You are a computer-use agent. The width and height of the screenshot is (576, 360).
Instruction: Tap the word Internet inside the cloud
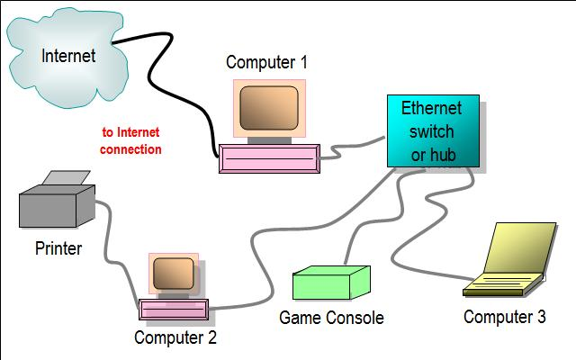(68, 56)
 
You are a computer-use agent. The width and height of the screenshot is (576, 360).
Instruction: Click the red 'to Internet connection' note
(131, 140)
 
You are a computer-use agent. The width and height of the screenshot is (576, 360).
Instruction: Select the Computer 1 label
(266, 62)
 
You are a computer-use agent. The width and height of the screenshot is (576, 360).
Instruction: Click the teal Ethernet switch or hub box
(433, 131)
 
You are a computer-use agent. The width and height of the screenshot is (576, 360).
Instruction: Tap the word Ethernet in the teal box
(432, 109)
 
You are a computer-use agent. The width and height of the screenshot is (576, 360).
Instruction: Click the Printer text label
(58, 247)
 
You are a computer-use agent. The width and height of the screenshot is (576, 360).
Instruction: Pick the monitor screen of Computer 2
(175, 274)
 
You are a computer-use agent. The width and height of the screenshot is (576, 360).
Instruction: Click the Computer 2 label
(175, 338)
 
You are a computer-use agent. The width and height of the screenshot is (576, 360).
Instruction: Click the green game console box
(331, 283)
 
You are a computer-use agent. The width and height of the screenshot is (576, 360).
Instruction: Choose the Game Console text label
(331, 318)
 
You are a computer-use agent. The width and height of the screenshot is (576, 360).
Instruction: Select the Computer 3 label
(504, 317)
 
